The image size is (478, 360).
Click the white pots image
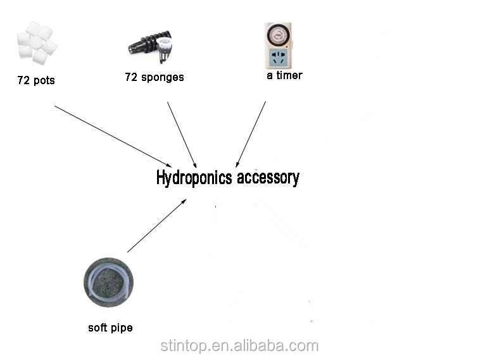(37, 43)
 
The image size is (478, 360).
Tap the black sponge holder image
(151, 45)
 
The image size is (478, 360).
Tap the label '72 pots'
(35, 81)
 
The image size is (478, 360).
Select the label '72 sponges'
(154, 77)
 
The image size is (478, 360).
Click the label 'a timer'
(284, 75)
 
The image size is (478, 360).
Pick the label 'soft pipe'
(110, 328)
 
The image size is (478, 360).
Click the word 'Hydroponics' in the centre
(194, 178)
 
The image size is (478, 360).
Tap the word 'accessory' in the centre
(268, 178)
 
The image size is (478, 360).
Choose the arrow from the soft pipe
(156, 226)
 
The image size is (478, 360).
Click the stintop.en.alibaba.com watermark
(239, 345)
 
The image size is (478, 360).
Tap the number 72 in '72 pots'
(24, 81)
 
